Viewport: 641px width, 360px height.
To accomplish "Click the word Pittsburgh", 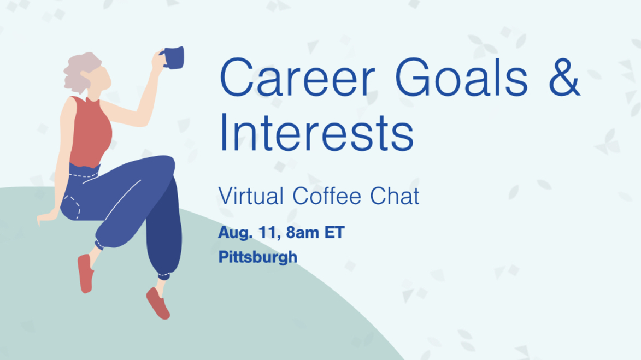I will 258,257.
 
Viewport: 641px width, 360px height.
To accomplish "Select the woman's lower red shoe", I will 158,303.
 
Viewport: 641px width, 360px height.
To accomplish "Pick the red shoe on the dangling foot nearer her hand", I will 85,273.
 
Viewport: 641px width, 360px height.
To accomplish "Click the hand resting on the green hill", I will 46,217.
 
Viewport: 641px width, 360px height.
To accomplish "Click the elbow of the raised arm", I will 140,121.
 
